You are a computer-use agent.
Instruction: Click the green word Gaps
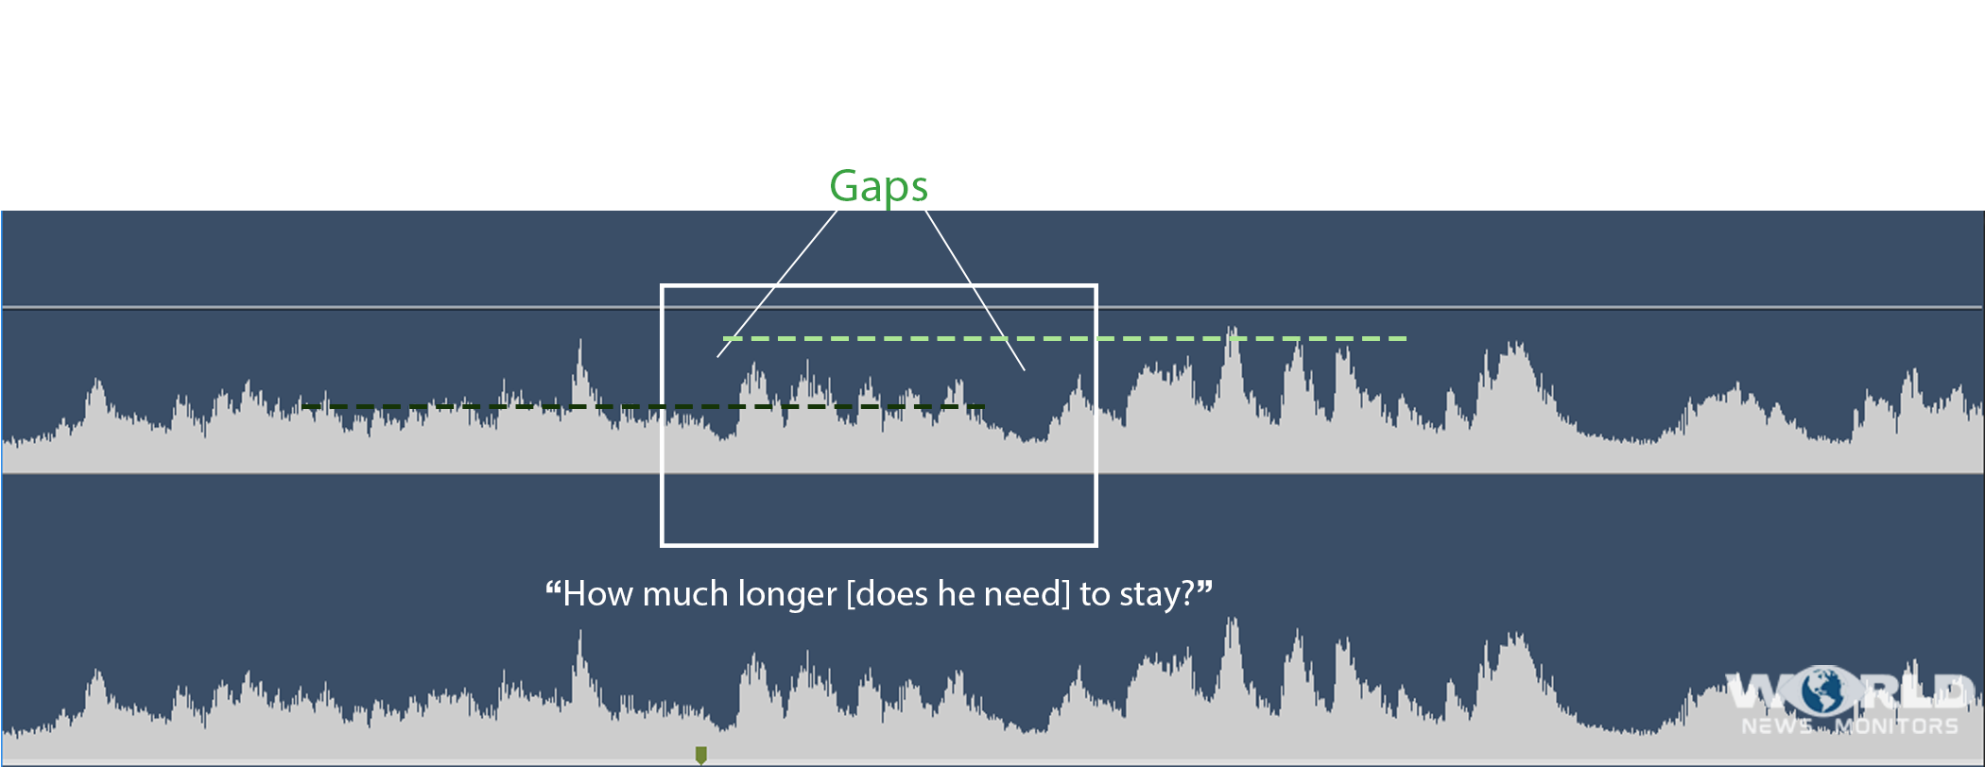tap(878, 187)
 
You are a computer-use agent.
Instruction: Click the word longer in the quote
tap(786, 595)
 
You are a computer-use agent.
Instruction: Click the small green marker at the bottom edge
tap(700, 755)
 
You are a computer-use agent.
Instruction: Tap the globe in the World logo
tap(1823, 691)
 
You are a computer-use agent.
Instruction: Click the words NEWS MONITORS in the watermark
tap(1850, 726)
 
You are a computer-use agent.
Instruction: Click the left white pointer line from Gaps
tap(777, 283)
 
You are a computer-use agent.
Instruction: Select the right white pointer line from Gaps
tap(975, 290)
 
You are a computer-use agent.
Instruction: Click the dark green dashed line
tap(644, 406)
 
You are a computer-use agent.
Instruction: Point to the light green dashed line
tap(1064, 338)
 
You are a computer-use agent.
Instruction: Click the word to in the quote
tap(1095, 595)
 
